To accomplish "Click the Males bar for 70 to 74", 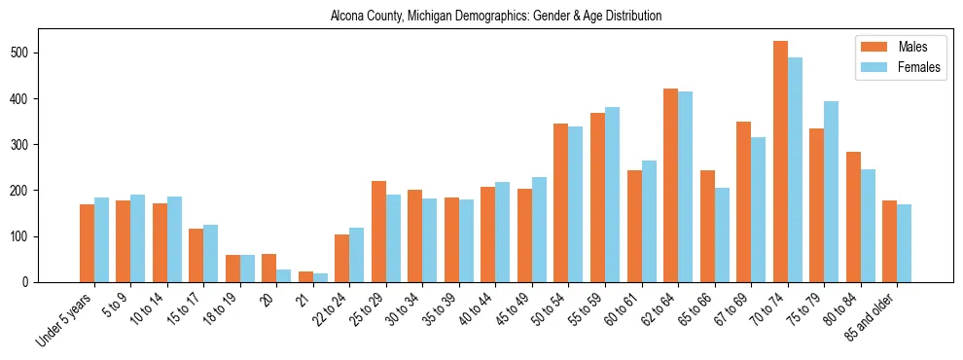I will coord(780,162).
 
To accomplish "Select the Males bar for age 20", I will coord(269,268).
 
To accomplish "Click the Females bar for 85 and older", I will coord(905,243).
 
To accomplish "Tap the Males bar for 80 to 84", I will coord(853,217).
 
